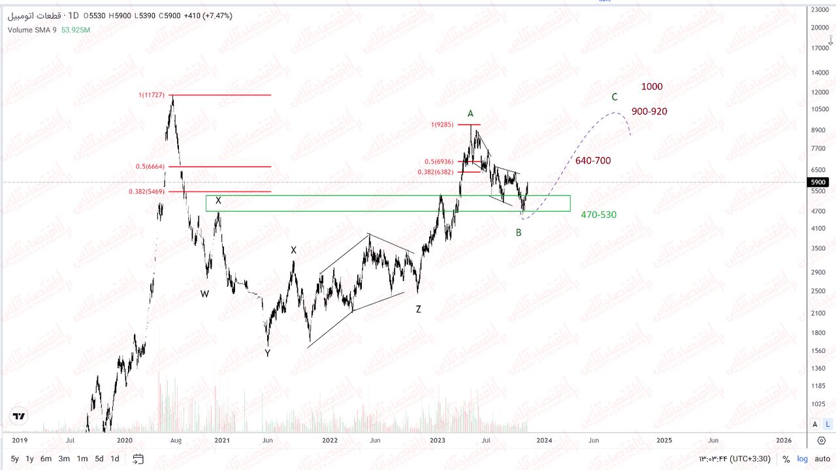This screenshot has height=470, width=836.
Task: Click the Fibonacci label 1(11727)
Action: coord(151,95)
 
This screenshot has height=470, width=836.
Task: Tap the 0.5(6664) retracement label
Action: coord(150,167)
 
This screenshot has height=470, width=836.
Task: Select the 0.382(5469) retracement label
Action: coord(146,192)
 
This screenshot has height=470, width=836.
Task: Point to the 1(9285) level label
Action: coord(447,124)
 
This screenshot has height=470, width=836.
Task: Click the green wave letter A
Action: coord(470,114)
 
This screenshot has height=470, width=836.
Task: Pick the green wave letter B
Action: coord(519,233)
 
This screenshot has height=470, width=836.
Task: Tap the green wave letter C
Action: coord(615,97)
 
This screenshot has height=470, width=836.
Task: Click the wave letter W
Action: coord(204,294)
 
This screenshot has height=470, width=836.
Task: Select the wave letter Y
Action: coord(267,353)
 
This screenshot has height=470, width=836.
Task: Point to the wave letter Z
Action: coord(419,309)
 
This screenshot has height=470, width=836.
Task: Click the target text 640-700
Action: coord(593,161)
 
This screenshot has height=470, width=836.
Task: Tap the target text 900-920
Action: coord(649,112)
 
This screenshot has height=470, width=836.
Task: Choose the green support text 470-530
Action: coord(598,214)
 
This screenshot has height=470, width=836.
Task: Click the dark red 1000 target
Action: coord(652,86)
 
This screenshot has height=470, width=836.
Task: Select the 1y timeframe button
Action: coord(29,459)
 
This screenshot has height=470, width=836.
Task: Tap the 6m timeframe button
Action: coord(46,459)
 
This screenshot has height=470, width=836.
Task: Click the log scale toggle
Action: coord(802,459)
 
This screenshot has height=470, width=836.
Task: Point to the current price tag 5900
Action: coord(818,182)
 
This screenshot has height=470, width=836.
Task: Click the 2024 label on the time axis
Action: coord(544,441)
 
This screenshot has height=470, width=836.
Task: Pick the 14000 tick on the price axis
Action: coord(820,73)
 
